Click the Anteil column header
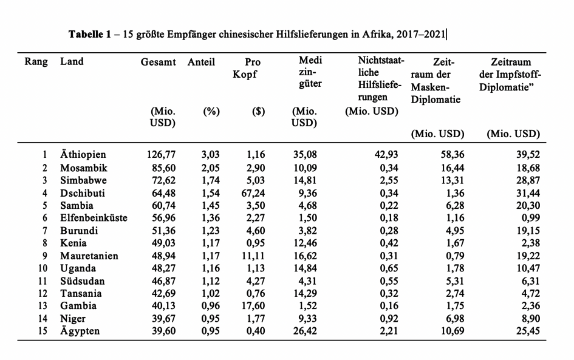(x=201, y=62)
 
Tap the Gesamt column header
(x=158, y=62)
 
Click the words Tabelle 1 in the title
(x=89, y=34)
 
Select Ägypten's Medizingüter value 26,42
(x=305, y=331)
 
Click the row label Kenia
(x=73, y=243)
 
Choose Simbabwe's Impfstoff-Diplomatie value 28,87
(x=527, y=180)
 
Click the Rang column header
(x=36, y=62)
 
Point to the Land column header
(x=72, y=62)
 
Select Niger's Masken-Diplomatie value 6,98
(x=453, y=319)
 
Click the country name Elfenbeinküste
(x=94, y=218)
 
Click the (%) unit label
(x=211, y=112)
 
